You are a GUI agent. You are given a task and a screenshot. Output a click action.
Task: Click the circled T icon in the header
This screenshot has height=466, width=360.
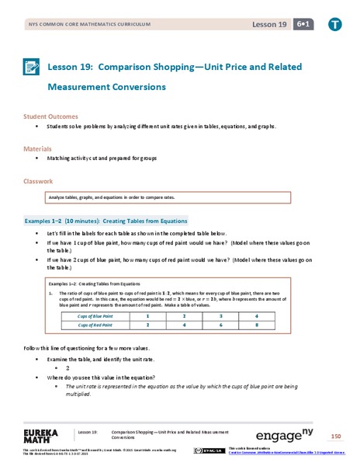point(334,25)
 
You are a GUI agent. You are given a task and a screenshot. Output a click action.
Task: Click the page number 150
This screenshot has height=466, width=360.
point(335,436)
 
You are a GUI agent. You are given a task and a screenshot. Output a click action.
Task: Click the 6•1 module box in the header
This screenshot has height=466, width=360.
point(301,25)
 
